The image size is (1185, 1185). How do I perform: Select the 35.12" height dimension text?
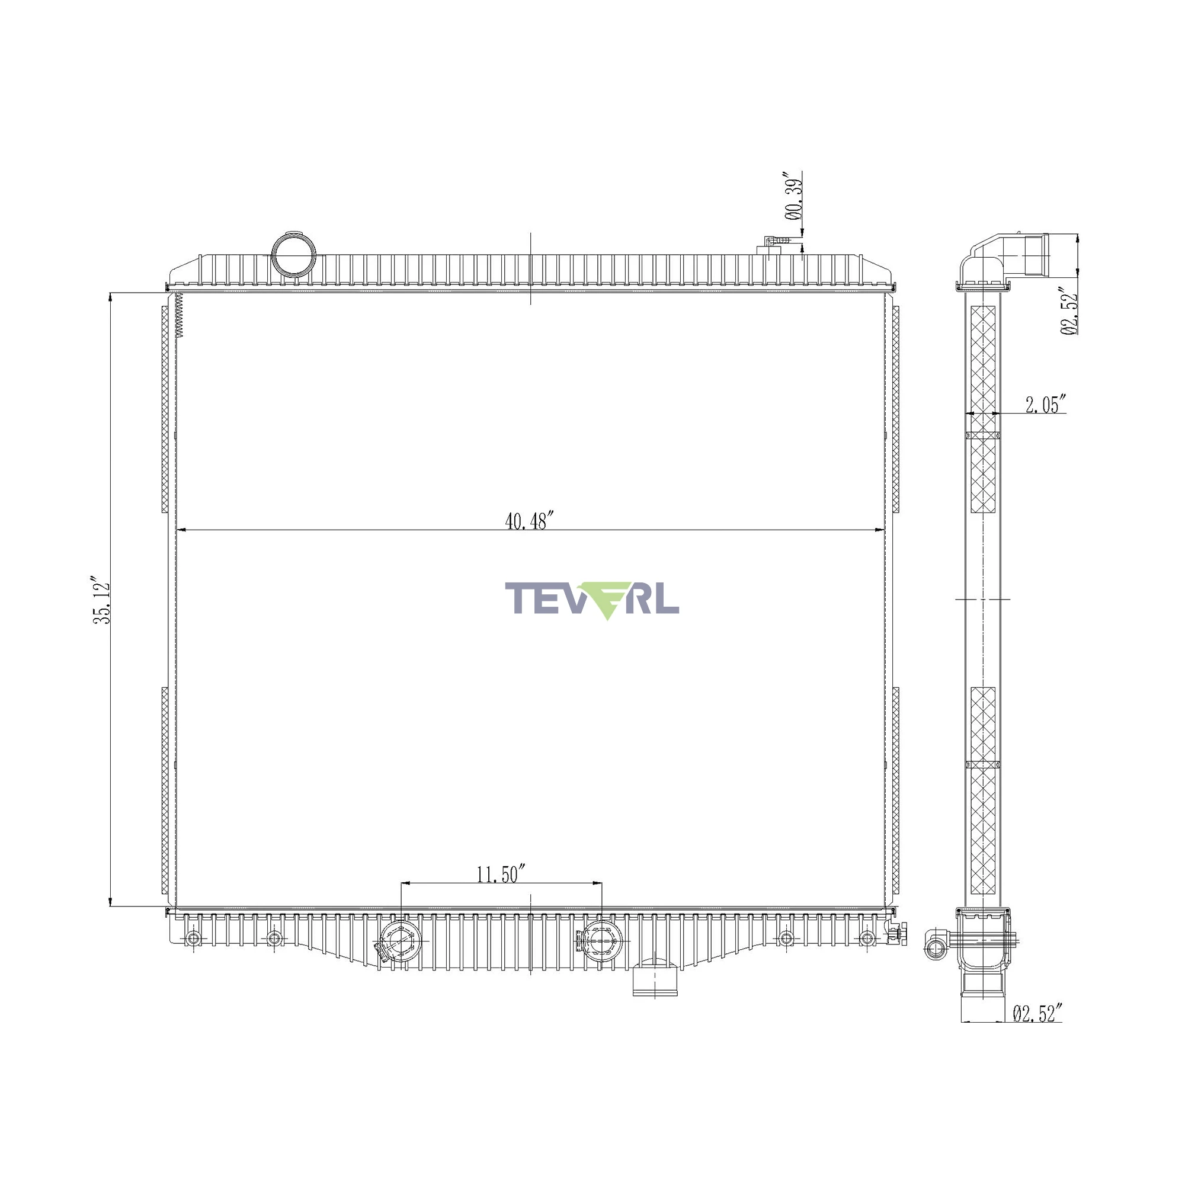(101, 600)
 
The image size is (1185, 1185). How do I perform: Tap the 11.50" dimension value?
(502, 873)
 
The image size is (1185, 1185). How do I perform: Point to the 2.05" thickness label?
(1046, 404)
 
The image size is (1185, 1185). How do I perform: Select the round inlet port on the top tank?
(294, 254)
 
